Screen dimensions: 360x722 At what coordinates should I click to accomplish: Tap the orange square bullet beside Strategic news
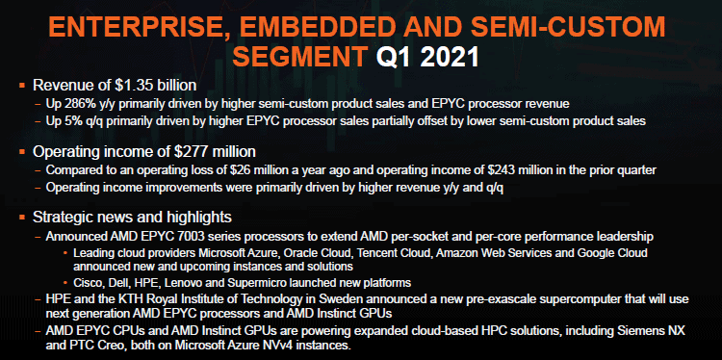point(21,218)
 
